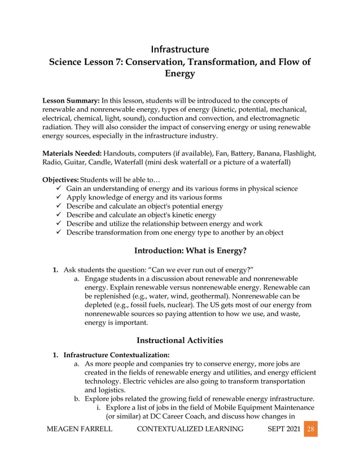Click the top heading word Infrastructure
180,49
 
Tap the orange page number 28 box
310,429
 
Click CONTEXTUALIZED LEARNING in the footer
190,429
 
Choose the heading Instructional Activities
180,340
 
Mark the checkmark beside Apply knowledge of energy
58,197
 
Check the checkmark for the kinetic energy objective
58,215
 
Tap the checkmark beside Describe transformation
58,232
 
